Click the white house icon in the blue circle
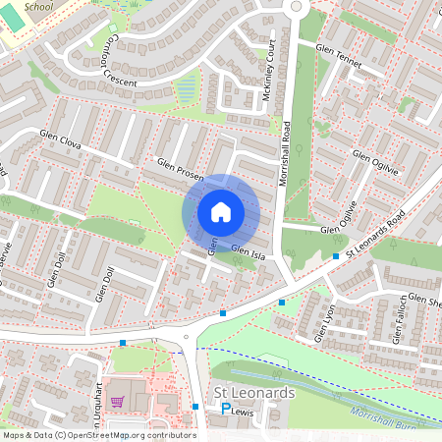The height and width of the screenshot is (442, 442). tap(221, 211)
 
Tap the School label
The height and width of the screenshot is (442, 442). tap(38, 6)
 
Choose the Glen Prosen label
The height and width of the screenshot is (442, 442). tap(178, 168)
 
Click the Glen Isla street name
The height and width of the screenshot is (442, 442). tap(248, 251)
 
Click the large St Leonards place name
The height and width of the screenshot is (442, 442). tap(253, 393)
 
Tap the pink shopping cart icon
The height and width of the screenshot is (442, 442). tap(118, 401)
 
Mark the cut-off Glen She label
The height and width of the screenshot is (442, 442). tap(424, 301)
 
